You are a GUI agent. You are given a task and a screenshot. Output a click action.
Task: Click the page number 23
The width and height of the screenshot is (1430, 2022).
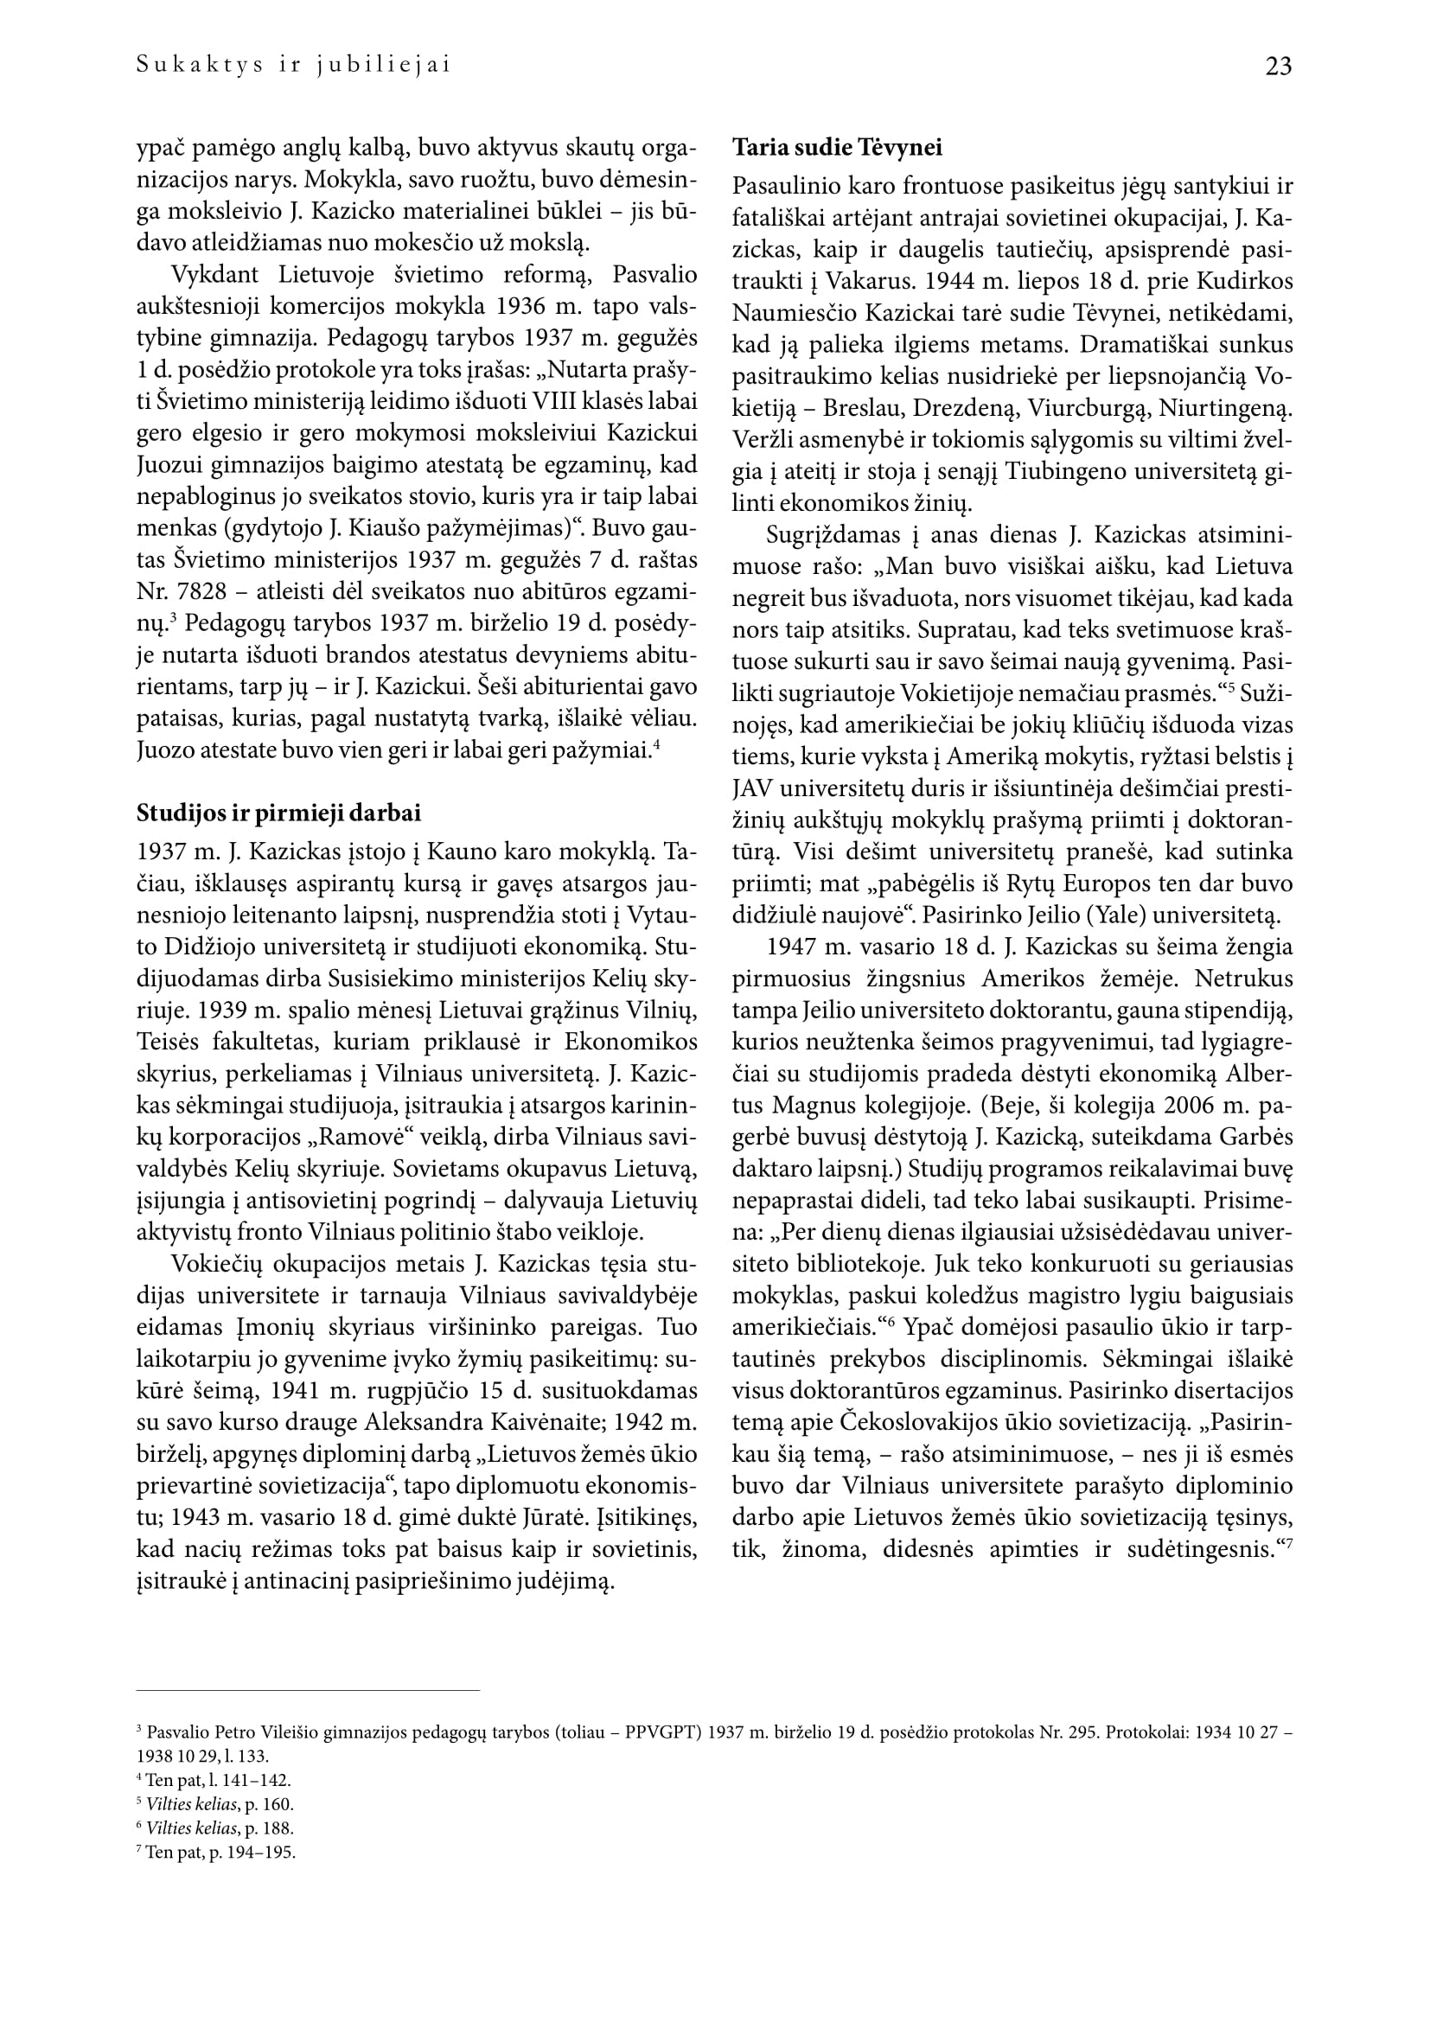(x=1278, y=66)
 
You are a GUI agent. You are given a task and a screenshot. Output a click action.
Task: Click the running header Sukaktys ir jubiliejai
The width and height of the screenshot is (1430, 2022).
(x=294, y=65)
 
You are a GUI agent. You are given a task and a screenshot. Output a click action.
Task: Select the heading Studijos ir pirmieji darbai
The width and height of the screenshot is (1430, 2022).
(x=278, y=813)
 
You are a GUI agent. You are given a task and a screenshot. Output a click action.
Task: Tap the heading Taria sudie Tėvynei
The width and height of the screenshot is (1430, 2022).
(x=838, y=148)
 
